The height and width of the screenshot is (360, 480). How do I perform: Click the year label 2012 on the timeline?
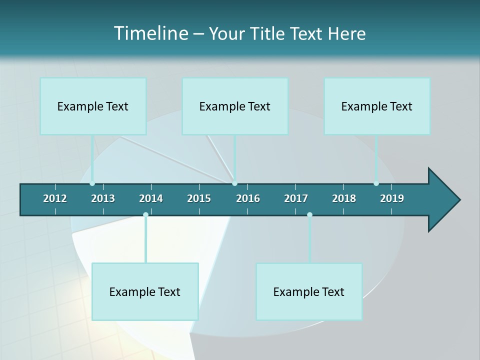tap(55, 198)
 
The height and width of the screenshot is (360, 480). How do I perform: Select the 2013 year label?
tap(103, 198)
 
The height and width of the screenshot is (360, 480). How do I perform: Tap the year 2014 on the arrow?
tap(151, 198)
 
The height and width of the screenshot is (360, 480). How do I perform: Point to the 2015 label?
tap(199, 198)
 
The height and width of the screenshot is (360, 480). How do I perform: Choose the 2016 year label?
tap(248, 198)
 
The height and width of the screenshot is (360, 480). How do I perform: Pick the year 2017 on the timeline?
tap(296, 198)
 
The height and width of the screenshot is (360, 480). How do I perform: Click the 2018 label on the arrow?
tap(344, 198)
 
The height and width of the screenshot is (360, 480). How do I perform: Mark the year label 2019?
tap(392, 198)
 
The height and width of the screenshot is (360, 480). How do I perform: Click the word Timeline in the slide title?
tap(150, 33)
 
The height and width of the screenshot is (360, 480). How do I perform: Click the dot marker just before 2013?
tap(92, 183)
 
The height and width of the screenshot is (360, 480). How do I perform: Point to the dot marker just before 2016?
tap(235, 183)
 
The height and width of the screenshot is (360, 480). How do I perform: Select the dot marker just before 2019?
tap(376, 183)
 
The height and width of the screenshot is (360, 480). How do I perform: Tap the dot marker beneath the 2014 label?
tap(145, 215)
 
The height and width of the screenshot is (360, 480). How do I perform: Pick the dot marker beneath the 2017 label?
tap(309, 215)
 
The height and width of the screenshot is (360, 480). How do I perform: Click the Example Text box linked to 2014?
tap(145, 291)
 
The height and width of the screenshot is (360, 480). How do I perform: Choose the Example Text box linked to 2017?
tap(309, 291)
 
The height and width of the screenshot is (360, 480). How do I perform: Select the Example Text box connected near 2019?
tap(377, 106)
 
